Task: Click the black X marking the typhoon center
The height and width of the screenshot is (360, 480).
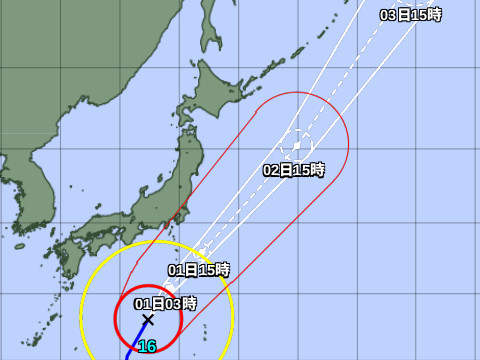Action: coord(148,320)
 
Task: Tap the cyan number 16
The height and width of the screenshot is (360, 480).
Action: coord(147,347)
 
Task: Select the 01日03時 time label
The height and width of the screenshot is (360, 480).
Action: coord(166,303)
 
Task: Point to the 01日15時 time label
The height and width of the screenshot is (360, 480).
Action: coord(199,269)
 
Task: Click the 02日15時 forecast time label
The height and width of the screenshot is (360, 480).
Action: coord(294,170)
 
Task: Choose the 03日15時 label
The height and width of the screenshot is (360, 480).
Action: coord(411,15)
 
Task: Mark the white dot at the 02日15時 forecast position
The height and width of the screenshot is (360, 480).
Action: coord(297,145)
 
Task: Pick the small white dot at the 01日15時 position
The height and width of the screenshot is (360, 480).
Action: coord(201,249)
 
